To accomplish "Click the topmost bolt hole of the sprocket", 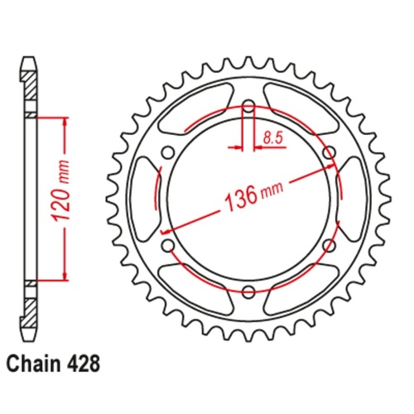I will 248,107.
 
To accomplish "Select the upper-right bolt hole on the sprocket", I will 329,152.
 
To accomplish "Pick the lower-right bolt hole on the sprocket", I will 329,245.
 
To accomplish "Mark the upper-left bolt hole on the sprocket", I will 168,152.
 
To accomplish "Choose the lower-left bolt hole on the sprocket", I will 168,245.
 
